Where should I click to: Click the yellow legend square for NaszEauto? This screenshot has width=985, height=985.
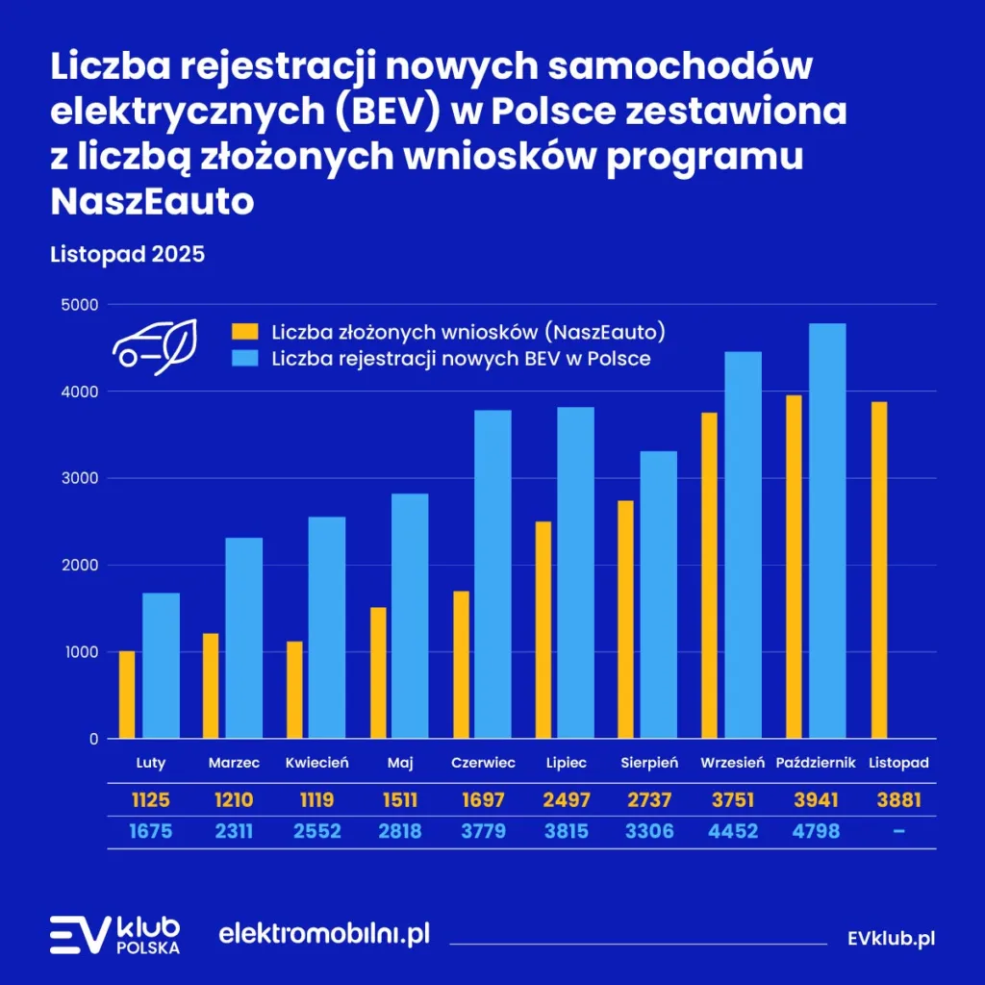coord(246,332)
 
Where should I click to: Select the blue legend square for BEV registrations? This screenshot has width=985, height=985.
coord(246,359)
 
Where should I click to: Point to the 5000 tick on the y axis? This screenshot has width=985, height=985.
coord(81,305)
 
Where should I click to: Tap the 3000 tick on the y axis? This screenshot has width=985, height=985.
coord(81,478)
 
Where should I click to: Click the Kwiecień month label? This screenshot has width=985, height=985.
coord(317,763)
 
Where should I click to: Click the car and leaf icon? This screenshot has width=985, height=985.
coord(156,346)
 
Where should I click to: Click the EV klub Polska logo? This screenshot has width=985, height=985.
coord(114,934)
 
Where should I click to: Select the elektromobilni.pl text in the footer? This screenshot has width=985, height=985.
coord(324,933)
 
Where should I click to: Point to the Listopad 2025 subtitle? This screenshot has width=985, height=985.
coord(127,256)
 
